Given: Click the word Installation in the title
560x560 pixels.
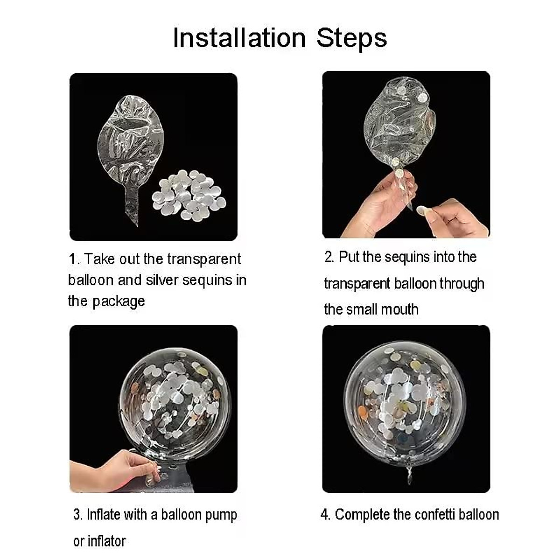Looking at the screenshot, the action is tap(239, 38).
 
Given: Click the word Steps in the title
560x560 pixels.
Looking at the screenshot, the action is tap(352, 38).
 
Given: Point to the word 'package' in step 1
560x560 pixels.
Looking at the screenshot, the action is tap(119, 302).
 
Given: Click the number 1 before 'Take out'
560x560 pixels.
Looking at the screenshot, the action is tap(73, 259).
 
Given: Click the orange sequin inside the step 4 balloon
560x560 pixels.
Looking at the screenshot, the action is tap(363, 412).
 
